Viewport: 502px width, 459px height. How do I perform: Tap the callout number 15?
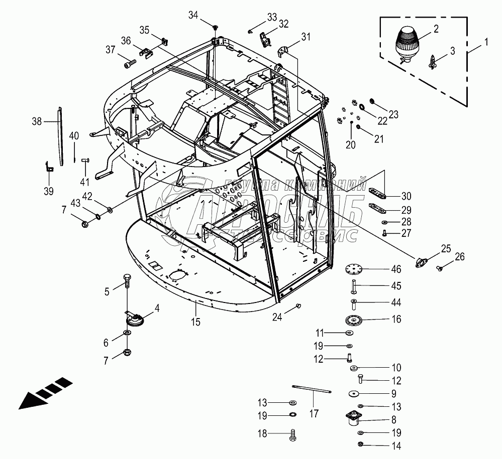tap(195, 322)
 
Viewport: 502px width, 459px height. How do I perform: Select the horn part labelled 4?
tap(135, 320)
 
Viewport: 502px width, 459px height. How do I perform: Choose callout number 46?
tap(396, 269)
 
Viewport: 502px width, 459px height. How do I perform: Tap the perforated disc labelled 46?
tap(355, 270)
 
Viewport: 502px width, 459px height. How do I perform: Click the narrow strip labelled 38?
tap(60, 136)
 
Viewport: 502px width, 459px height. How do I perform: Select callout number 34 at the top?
tap(193, 15)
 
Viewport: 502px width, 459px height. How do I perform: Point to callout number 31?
tap(306, 36)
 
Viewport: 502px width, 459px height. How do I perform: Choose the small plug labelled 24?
tap(299, 305)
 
